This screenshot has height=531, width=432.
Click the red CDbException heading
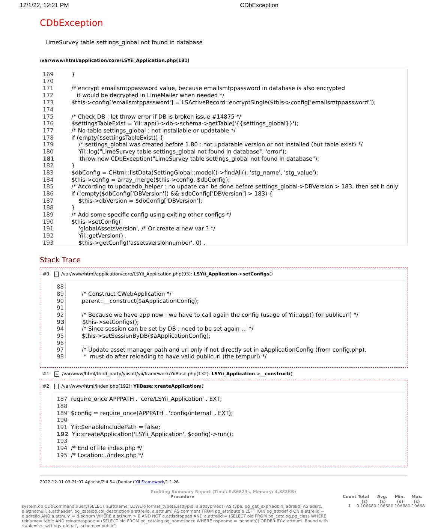point(71,23)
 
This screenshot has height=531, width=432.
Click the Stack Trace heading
point(60,260)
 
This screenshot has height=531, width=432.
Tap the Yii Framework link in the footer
point(149,482)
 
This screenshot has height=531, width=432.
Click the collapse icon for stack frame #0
point(56,274)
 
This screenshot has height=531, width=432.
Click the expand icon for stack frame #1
point(57,374)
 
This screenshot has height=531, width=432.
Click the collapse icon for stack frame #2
point(56,387)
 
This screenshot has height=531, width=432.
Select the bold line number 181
point(48,159)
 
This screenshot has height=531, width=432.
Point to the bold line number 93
point(60,322)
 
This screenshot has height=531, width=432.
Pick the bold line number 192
point(62,434)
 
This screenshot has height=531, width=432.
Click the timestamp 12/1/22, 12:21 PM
point(44,5)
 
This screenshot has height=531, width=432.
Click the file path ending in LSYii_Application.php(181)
point(114,60)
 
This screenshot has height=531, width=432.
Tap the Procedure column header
point(182,496)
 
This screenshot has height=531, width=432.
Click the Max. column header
point(417,496)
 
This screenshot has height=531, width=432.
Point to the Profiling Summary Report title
point(223,492)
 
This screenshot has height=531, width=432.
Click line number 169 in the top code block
point(48,74)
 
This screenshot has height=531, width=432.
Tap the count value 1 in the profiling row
point(349,506)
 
